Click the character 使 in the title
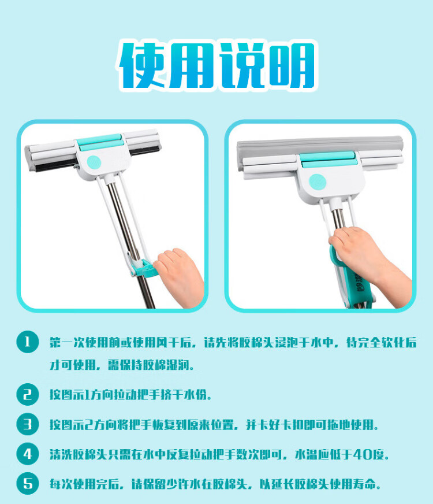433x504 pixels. pyautogui.click(x=143, y=65)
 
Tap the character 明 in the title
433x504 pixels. pyautogui.click(x=291, y=65)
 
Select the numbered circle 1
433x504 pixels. pyautogui.click(x=27, y=342)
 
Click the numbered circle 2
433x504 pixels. pyautogui.click(x=27, y=394)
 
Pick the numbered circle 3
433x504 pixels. pyautogui.click(x=27, y=424)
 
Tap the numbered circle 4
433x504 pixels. pyautogui.click(x=27, y=454)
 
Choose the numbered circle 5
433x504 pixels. pyautogui.click(x=27, y=483)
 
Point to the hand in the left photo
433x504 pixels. pyautogui.click(x=180, y=277)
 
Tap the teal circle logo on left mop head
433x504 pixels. pyautogui.click(x=94, y=162)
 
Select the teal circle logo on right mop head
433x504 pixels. pyautogui.click(x=318, y=182)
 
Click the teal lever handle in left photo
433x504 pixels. pyautogui.click(x=144, y=269)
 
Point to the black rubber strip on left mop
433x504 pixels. pyautogui.click(x=96, y=160)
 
